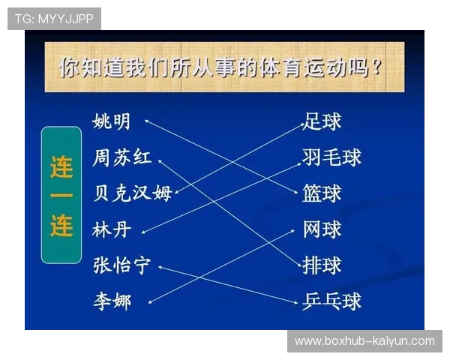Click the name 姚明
[x=112, y=121]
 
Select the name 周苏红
[x=122, y=157]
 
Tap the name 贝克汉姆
[x=132, y=193]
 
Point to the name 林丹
[x=112, y=229]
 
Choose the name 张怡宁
[x=122, y=265]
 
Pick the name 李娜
[x=112, y=301]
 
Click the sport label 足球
[x=322, y=121]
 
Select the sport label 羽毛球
[x=332, y=157]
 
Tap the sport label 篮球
[x=322, y=193]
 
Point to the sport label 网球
[x=322, y=229]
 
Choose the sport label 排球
[x=322, y=265]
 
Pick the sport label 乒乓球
[x=332, y=301]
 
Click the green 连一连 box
[x=61, y=195]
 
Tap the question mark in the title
[x=376, y=68]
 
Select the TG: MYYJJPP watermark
[x=54, y=18]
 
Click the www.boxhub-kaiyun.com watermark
[x=364, y=341]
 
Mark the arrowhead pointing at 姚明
[x=147, y=120]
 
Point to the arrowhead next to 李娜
[x=151, y=302]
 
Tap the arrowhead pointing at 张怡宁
[x=160, y=266]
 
